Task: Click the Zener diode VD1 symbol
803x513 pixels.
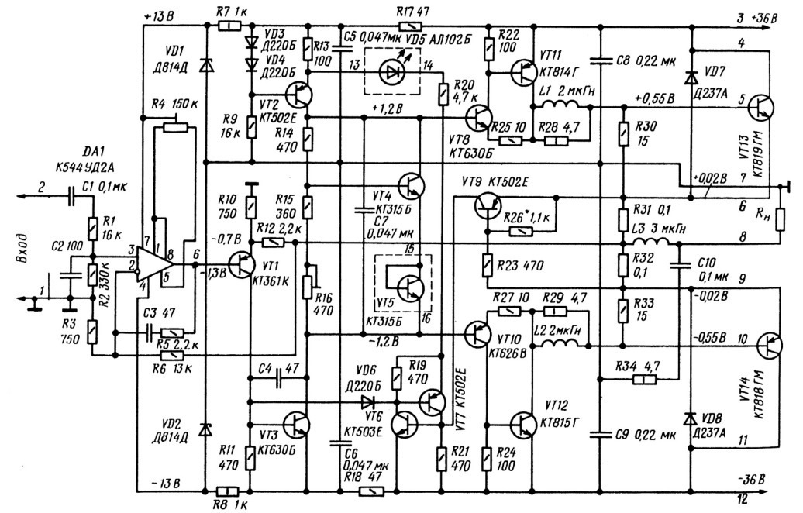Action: coord(205,67)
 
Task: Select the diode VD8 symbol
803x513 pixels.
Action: coord(689,418)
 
